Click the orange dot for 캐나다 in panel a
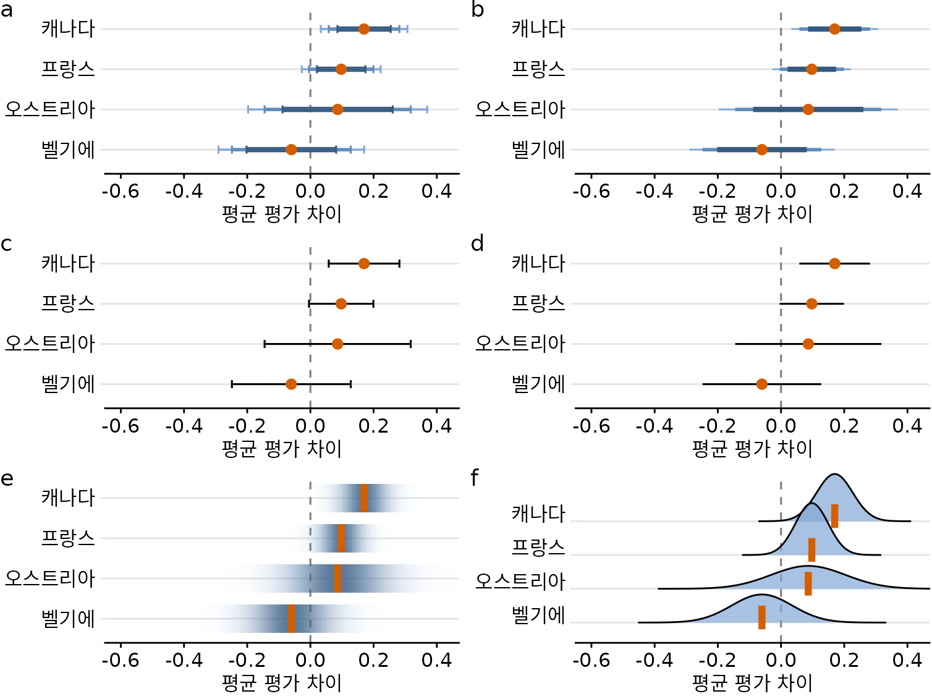point(364,29)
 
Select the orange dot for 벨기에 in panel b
point(761,150)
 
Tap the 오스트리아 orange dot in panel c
point(337,344)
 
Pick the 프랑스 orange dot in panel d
point(811,303)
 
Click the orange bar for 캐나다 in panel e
point(364,498)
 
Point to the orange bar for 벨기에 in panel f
point(762,617)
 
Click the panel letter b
point(478,10)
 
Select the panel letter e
point(7,478)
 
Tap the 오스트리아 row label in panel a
point(50,109)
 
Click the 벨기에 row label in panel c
point(68,384)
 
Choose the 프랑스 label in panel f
point(538,547)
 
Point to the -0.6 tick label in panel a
point(121,192)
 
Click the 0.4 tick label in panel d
point(907,426)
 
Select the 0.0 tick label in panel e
point(310,660)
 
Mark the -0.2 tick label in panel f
point(718,660)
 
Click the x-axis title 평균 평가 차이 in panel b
point(752,214)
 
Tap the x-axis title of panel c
point(282,449)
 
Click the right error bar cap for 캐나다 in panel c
point(400,264)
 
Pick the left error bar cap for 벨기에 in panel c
point(232,384)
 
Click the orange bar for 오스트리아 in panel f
point(808,583)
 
